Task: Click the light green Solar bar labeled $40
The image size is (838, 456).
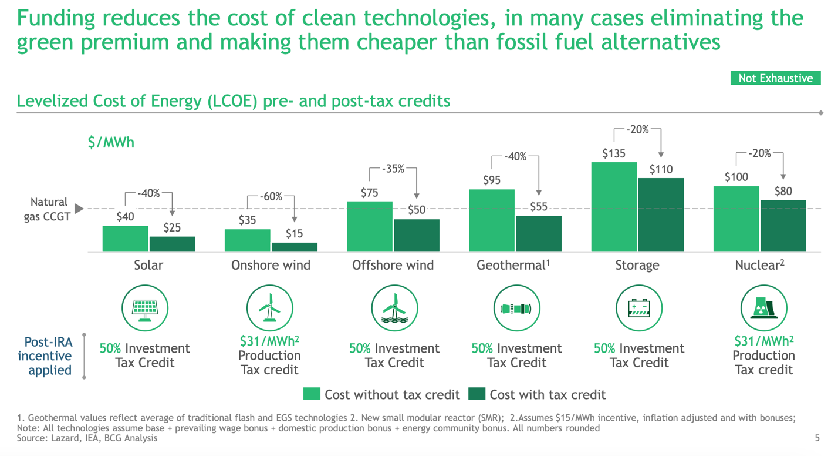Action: [x=125, y=239]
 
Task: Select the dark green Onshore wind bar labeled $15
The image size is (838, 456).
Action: [x=294, y=247]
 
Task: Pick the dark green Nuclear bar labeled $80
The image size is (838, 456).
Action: [x=783, y=226]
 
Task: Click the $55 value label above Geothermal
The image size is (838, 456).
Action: [x=539, y=207]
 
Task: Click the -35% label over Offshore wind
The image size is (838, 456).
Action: [x=393, y=169]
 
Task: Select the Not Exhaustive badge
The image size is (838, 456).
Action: [x=775, y=78]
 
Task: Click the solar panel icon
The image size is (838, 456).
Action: [x=145, y=308]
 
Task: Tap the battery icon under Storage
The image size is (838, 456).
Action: [x=638, y=308]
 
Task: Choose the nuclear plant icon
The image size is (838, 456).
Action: [x=763, y=308]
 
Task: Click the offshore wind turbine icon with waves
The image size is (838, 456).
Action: [x=394, y=308]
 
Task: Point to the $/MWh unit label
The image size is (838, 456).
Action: [x=111, y=143]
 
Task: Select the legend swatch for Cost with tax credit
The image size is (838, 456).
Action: [x=477, y=394]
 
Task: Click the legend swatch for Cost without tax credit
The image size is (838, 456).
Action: [x=312, y=394]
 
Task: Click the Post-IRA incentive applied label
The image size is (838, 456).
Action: [x=46, y=356]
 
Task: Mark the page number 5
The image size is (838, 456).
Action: [x=817, y=438]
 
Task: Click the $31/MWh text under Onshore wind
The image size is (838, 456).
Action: [x=270, y=341]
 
